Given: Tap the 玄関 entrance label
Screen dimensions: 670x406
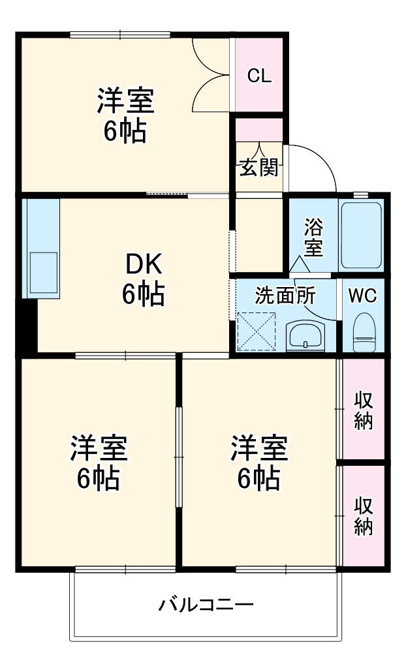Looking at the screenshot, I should (258, 168).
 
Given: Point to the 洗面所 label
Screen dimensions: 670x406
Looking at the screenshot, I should (285, 296).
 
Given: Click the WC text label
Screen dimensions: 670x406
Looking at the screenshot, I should (362, 296).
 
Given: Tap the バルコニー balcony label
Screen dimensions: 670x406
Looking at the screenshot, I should (206, 605).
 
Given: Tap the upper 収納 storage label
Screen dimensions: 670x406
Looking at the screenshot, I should (363, 409).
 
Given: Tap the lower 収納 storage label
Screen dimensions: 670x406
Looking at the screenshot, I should (363, 515).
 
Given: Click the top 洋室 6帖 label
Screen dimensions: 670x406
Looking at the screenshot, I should (125, 117).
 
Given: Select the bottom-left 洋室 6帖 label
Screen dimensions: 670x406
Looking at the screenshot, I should (98, 463).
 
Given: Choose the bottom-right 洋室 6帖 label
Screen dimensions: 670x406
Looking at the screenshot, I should (258, 463).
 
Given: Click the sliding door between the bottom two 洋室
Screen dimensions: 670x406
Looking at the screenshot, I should (178, 457).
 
